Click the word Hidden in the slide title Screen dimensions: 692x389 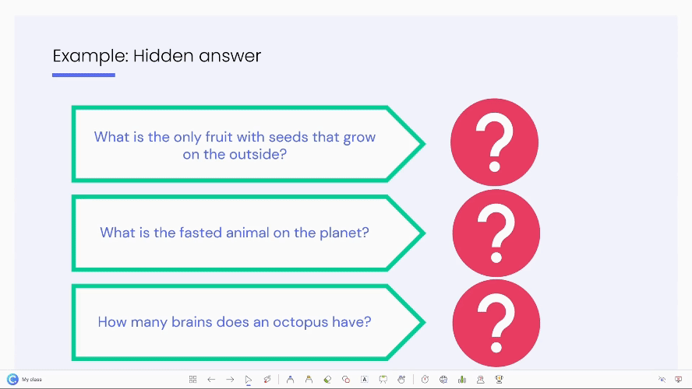[x=164, y=56]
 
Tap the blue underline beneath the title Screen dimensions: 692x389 [x=83, y=75]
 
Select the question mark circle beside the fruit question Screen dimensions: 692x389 [x=494, y=142]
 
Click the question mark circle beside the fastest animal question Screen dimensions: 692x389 [x=496, y=233]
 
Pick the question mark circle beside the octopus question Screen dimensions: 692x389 [x=496, y=323]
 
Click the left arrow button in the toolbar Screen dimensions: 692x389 [x=211, y=380]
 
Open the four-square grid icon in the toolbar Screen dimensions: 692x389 [x=192, y=380]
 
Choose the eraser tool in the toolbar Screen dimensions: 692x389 [x=327, y=380]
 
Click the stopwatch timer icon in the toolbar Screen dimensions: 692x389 [x=425, y=380]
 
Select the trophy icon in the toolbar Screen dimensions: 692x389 [x=500, y=380]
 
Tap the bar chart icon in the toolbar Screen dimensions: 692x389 [x=462, y=380]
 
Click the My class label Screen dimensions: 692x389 [x=32, y=380]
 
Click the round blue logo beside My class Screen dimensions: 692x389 [x=12, y=380]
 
